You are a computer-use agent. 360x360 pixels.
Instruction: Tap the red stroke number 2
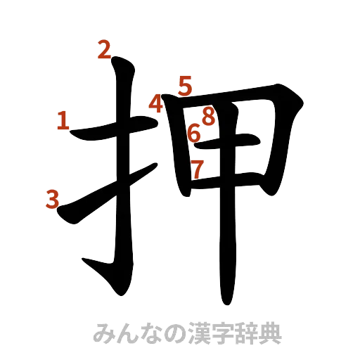click(104, 50)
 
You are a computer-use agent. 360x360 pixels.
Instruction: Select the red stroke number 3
click(51, 199)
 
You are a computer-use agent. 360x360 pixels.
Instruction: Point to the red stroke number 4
click(156, 105)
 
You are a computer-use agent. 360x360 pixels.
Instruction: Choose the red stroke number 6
click(195, 131)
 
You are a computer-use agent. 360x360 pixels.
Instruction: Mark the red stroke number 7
click(198, 167)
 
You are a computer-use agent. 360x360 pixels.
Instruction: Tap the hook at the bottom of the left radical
click(91, 265)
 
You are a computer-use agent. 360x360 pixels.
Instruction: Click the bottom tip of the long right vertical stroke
click(226, 304)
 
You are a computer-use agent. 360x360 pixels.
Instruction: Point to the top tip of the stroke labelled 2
click(117, 62)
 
